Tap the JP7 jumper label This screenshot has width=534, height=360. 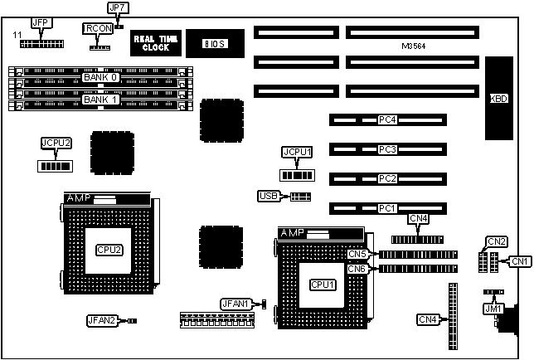point(117,8)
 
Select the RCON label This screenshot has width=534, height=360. point(95,28)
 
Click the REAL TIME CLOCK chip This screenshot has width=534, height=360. point(152,42)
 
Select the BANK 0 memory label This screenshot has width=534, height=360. point(101,77)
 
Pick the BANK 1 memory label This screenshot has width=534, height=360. point(101,100)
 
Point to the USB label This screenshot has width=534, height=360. point(269,197)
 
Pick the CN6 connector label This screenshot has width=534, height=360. point(357,269)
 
